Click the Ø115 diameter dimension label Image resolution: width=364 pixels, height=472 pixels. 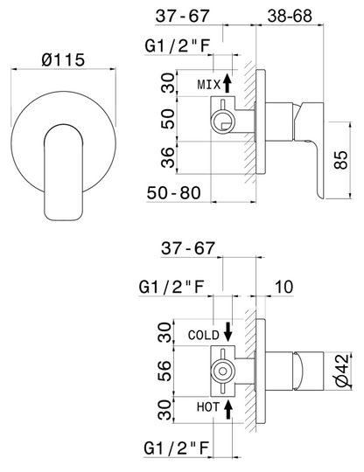(x=63, y=59)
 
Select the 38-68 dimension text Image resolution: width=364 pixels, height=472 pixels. (x=290, y=16)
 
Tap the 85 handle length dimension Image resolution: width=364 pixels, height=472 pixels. (x=341, y=160)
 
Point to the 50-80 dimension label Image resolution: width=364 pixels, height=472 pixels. (x=173, y=192)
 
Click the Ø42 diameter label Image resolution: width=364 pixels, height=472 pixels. (x=342, y=370)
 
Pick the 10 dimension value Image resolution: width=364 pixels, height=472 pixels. (x=283, y=287)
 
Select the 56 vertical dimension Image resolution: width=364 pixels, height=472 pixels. (x=164, y=371)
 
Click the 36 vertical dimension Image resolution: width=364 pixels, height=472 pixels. (x=168, y=157)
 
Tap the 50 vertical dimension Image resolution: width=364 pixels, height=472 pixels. (x=168, y=119)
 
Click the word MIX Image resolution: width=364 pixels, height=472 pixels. (x=209, y=85)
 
